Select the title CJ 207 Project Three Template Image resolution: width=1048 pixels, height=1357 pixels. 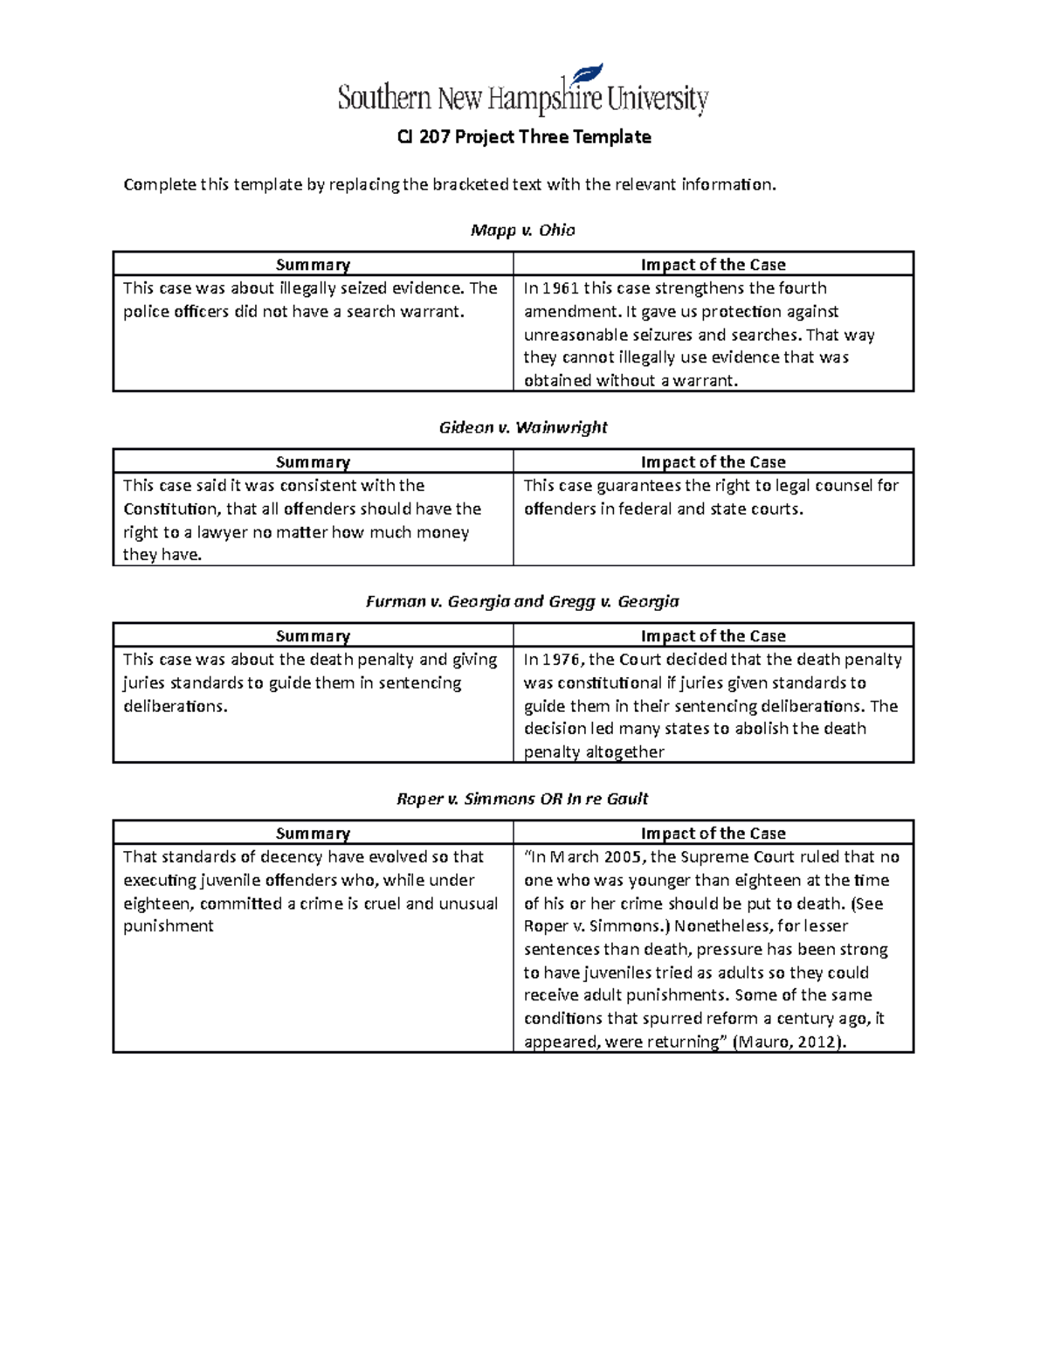pyautogui.click(x=524, y=137)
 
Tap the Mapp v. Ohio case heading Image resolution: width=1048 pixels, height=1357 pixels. pyautogui.click(x=522, y=230)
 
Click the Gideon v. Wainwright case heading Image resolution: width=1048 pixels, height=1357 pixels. pyautogui.click(x=522, y=427)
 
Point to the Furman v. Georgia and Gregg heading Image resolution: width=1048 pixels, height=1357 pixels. pyautogui.click(x=522, y=601)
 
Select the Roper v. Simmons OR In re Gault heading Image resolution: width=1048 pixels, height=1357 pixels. pyautogui.click(x=522, y=799)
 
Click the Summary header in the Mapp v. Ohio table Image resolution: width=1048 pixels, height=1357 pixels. pyautogui.click(x=313, y=265)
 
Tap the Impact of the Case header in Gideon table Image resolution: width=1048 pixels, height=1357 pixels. pyautogui.click(x=713, y=462)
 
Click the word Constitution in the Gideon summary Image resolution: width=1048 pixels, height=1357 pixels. pyautogui.click(x=172, y=509)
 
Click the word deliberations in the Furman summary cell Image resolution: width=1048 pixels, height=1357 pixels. pyautogui.click(x=174, y=706)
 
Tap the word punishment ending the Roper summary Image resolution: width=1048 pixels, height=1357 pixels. pyautogui.click(x=168, y=926)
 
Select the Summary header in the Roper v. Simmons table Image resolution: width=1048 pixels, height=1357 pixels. pyautogui.click(x=313, y=834)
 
